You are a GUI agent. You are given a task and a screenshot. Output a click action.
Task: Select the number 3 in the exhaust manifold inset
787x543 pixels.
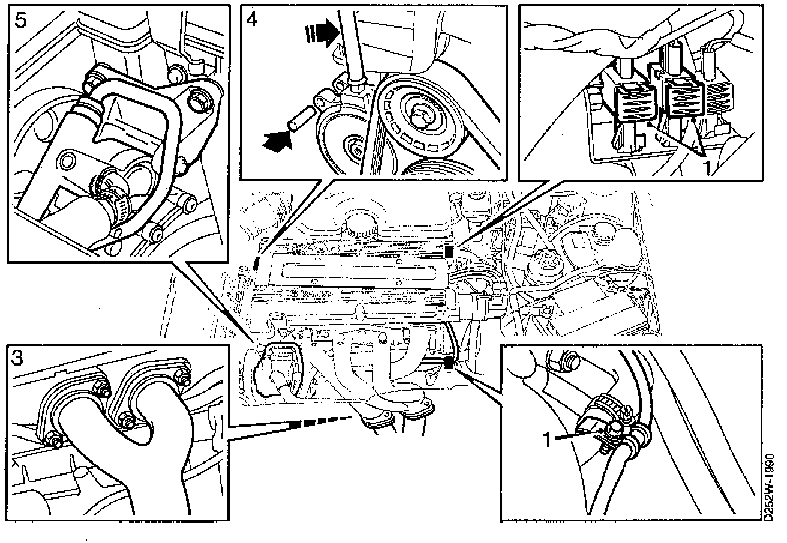pyautogui.click(x=18, y=358)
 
